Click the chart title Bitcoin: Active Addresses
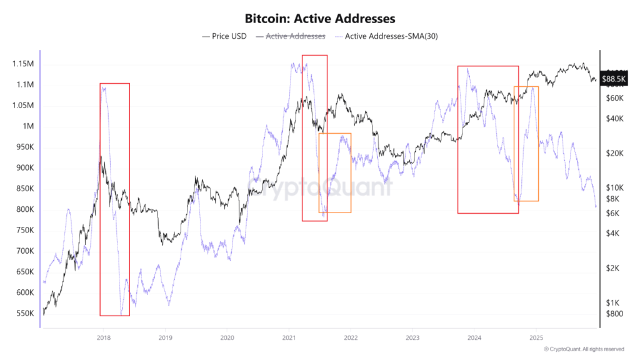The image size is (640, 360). point(320,19)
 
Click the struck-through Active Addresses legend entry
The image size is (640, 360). point(295,36)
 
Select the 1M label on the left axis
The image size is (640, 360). point(29,126)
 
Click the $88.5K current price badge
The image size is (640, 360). point(613,79)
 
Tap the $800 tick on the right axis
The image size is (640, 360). point(614,313)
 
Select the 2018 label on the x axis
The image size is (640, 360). point(104,337)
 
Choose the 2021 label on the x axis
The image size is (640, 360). point(289,337)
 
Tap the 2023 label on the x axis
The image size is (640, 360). point(412,337)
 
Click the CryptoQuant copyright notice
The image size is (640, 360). point(584,349)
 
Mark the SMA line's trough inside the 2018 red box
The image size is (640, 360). point(121,314)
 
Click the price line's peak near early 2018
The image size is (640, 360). point(101,148)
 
